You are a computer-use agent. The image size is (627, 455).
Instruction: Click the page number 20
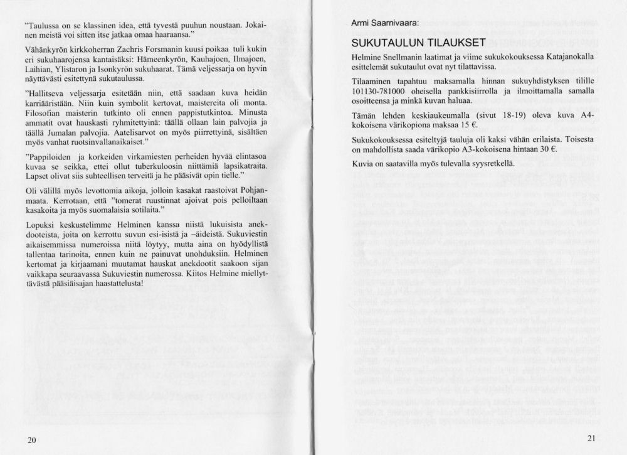(x=33, y=439)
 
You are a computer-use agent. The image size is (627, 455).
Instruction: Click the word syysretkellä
(x=490, y=163)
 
